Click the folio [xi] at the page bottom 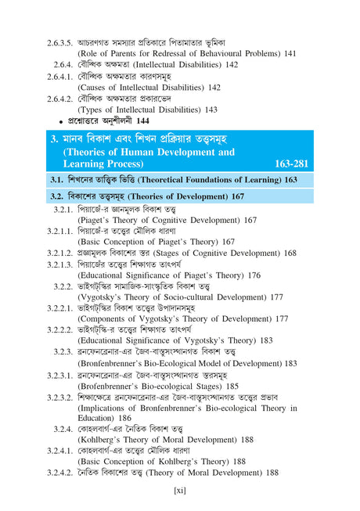[x=179, y=491]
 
